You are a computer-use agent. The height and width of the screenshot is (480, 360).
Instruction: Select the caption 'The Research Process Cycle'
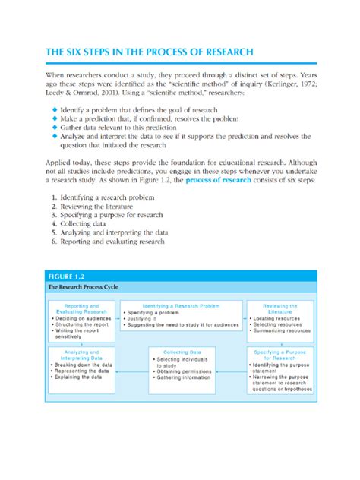(x=84, y=288)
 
